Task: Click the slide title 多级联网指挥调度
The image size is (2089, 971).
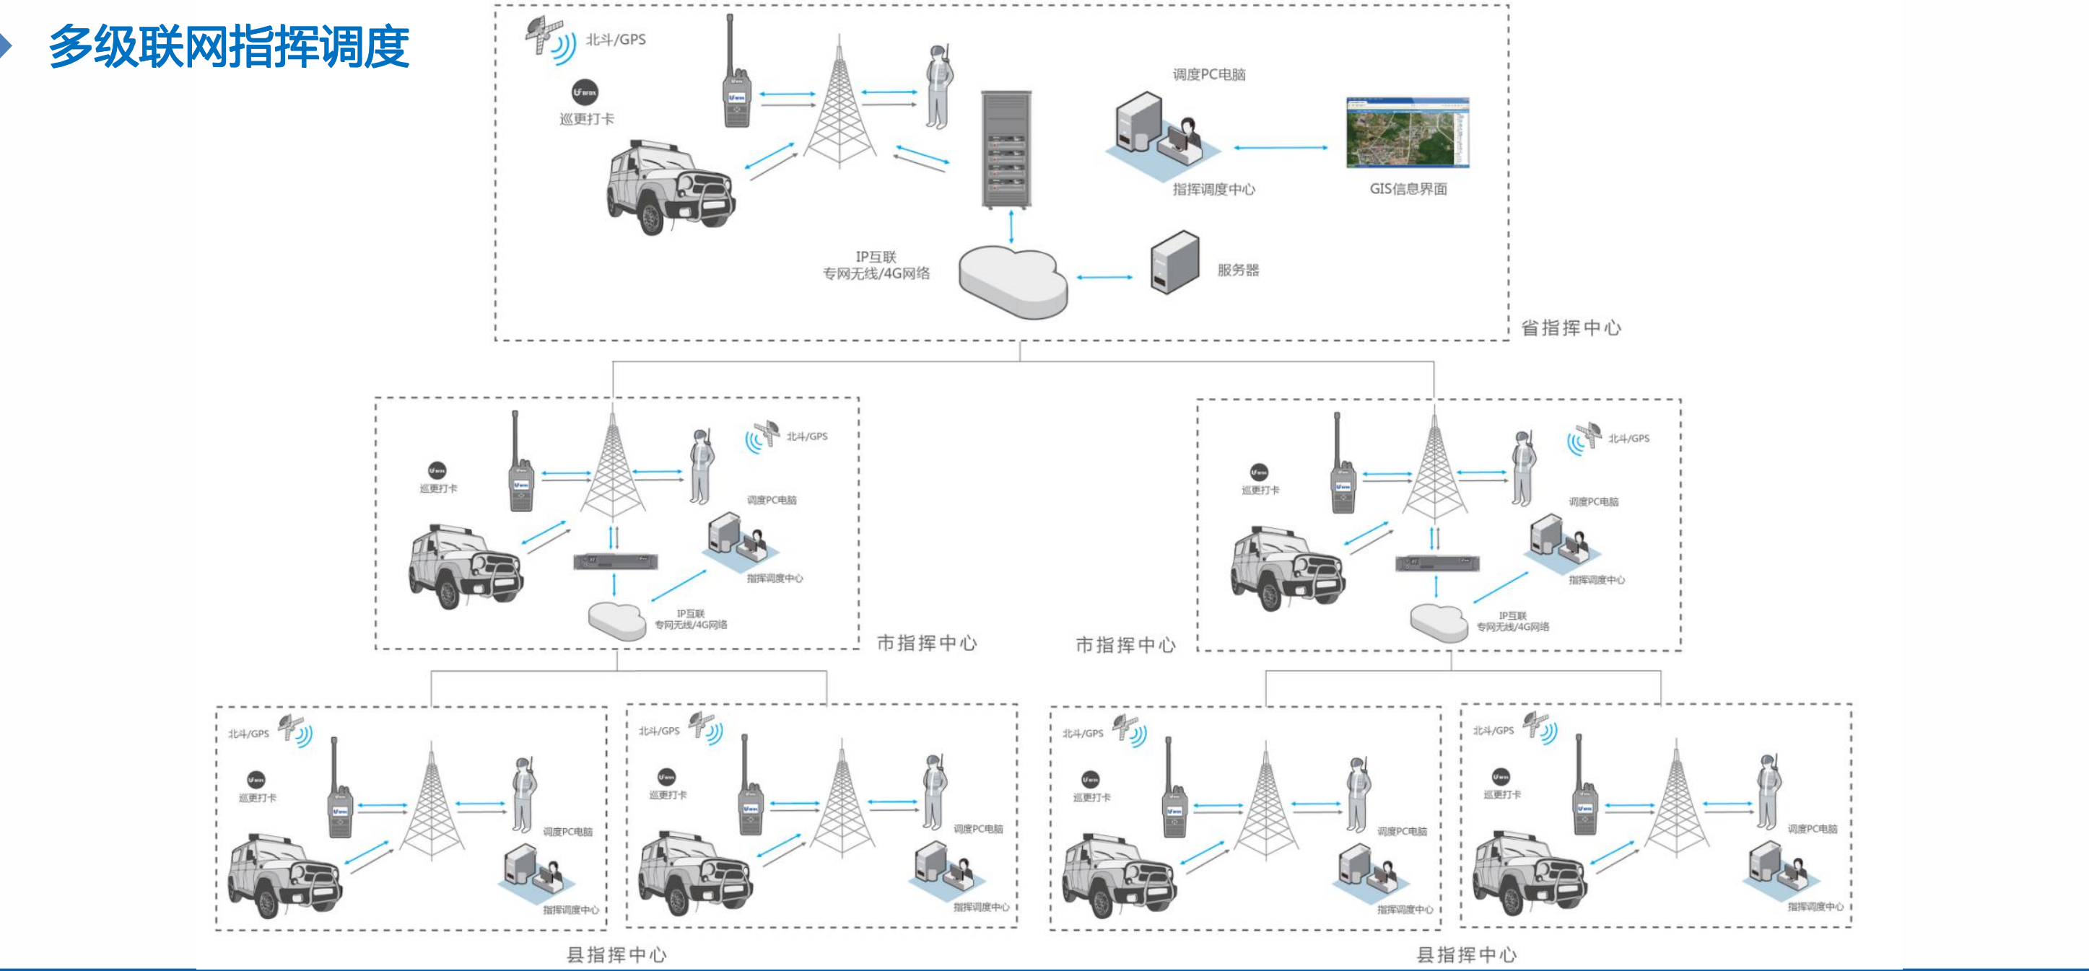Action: click(x=229, y=46)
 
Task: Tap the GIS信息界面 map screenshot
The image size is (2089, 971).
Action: click(x=1407, y=133)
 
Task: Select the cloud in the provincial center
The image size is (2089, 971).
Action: click(x=1013, y=282)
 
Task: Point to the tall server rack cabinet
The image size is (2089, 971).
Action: click(x=1006, y=149)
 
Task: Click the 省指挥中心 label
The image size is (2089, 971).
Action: click(x=1570, y=328)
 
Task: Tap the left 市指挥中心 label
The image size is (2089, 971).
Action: click(x=926, y=643)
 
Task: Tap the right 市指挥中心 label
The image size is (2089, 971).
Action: click(x=1125, y=645)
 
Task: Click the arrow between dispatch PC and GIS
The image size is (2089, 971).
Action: click(x=1280, y=147)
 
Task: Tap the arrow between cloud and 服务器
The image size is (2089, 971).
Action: click(x=1104, y=277)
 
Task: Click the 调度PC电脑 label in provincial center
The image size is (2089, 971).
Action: click(x=1208, y=74)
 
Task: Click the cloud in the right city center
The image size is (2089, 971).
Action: click(x=1439, y=622)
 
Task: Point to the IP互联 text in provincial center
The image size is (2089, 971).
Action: click(x=876, y=257)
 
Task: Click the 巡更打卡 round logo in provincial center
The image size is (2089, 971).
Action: click(x=585, y=92)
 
